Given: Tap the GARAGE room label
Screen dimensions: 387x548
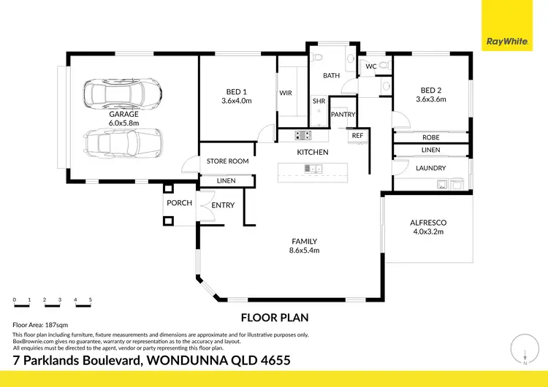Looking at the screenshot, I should coord(123,114).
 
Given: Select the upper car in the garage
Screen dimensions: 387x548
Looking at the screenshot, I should coord(123,93).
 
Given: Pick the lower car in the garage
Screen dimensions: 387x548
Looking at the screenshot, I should coord(123,143).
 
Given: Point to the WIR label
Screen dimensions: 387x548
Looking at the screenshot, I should coord(286,93).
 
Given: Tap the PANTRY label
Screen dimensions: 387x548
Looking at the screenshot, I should coord(343,115).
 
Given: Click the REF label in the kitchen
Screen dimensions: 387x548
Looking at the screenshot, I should coord(357,136).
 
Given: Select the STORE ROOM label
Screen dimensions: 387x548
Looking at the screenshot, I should coord(227,161).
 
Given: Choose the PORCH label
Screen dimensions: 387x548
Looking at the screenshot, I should coord(179,203).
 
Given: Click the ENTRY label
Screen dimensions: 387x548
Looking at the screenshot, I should coord(223,205).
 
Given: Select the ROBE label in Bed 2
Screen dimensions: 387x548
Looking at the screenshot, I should coord(430,137).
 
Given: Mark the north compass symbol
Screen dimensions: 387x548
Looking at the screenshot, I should coord(524,348).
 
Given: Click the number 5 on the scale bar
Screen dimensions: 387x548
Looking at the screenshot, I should coord(91,299).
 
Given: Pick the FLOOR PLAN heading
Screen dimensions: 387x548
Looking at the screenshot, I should coord(275,318).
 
